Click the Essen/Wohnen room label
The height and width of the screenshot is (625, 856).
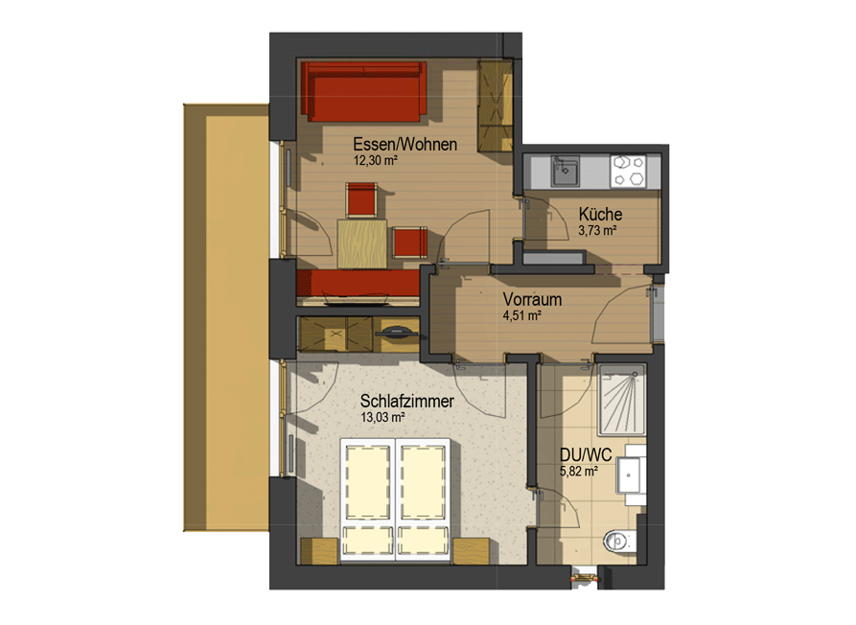point(405,145)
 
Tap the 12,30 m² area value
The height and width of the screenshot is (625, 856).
point(375,160)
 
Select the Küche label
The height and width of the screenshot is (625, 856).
point(600,214)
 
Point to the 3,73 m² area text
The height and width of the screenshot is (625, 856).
point(597,230)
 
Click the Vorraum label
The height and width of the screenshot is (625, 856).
point(532,299)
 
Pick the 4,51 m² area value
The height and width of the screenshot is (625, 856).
point(521,315)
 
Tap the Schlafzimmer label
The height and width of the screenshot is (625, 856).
point(406,402)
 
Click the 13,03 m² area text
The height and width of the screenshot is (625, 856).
point(382,418)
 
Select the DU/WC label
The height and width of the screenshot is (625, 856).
point(586,454)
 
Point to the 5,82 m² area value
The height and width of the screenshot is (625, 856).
point(579,471)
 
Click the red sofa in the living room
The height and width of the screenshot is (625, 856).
point(363,91)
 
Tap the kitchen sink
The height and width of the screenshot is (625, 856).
point(565,171)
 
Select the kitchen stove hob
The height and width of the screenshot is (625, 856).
point(628,172)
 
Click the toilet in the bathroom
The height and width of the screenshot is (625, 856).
point(619,541)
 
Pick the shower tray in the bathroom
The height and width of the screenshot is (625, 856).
point(622,400)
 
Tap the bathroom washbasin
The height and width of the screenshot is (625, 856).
point(631,475)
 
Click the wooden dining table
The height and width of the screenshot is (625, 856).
point(362,243)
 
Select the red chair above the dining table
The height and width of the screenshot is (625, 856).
point(360,199)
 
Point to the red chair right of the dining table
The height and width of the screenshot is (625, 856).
point(409,243)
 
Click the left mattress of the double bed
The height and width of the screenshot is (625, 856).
point(368,481)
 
